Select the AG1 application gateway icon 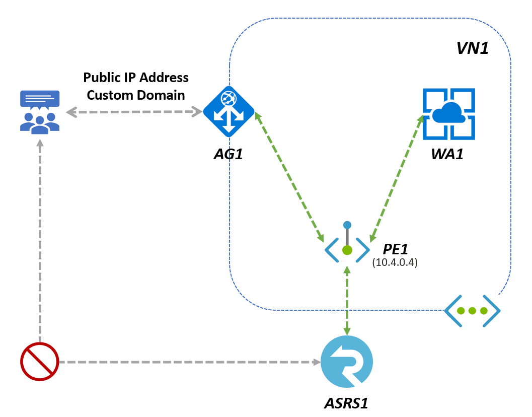pos(229,111)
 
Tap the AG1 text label pos(228,153)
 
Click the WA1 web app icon pos(448,114)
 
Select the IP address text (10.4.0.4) pos(395,262)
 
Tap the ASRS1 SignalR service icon pos(347,362)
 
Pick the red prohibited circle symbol pos(40,362)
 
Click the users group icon pos(40,112)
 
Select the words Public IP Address pos(136,78)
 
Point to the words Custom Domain pos(136,95)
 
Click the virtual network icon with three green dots pos(472,311)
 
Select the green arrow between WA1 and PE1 pos(396,176)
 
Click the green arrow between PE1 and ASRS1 pos(347,299)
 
